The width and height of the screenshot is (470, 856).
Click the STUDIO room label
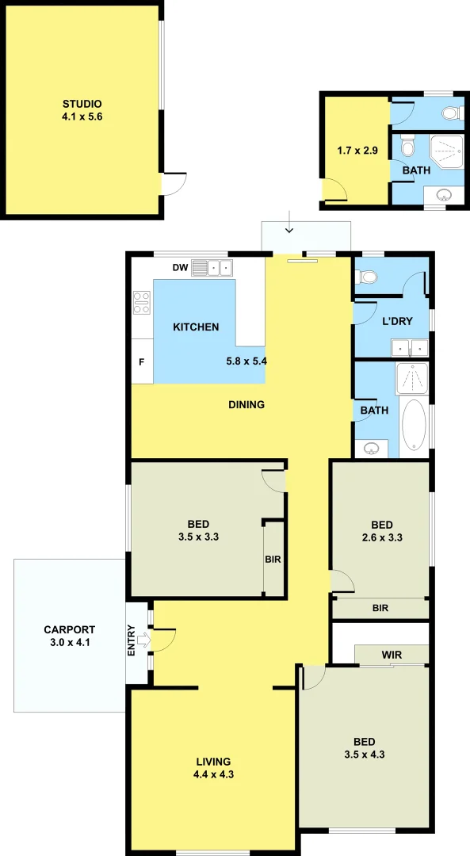[x=82, y=104]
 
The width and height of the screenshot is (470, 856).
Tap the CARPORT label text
[x=69, y=631]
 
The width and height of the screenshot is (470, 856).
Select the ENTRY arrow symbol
[x=143, y=640]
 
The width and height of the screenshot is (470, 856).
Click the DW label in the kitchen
[x=180, y=268]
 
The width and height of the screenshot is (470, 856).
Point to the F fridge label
[x=142, y=361]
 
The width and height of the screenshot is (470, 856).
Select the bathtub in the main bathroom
[x=414, y=425]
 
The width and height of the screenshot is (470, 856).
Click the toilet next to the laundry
[x=366, y=277]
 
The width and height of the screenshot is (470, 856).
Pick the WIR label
[x=392, y=655]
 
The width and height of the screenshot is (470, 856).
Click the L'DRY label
[x=396, y=321]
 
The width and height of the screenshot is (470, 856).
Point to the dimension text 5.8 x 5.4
[x=246, y=361]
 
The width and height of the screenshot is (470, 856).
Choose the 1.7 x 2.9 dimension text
[x=354, y=149]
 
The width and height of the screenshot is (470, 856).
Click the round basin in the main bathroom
[x=373, y=449]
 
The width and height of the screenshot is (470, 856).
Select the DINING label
[x=246, y=405]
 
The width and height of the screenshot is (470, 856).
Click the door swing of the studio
[x=174, y=184]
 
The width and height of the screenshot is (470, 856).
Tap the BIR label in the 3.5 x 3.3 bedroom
[x=273, y=559]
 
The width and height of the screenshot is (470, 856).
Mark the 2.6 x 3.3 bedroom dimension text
[x=381, y=537]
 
